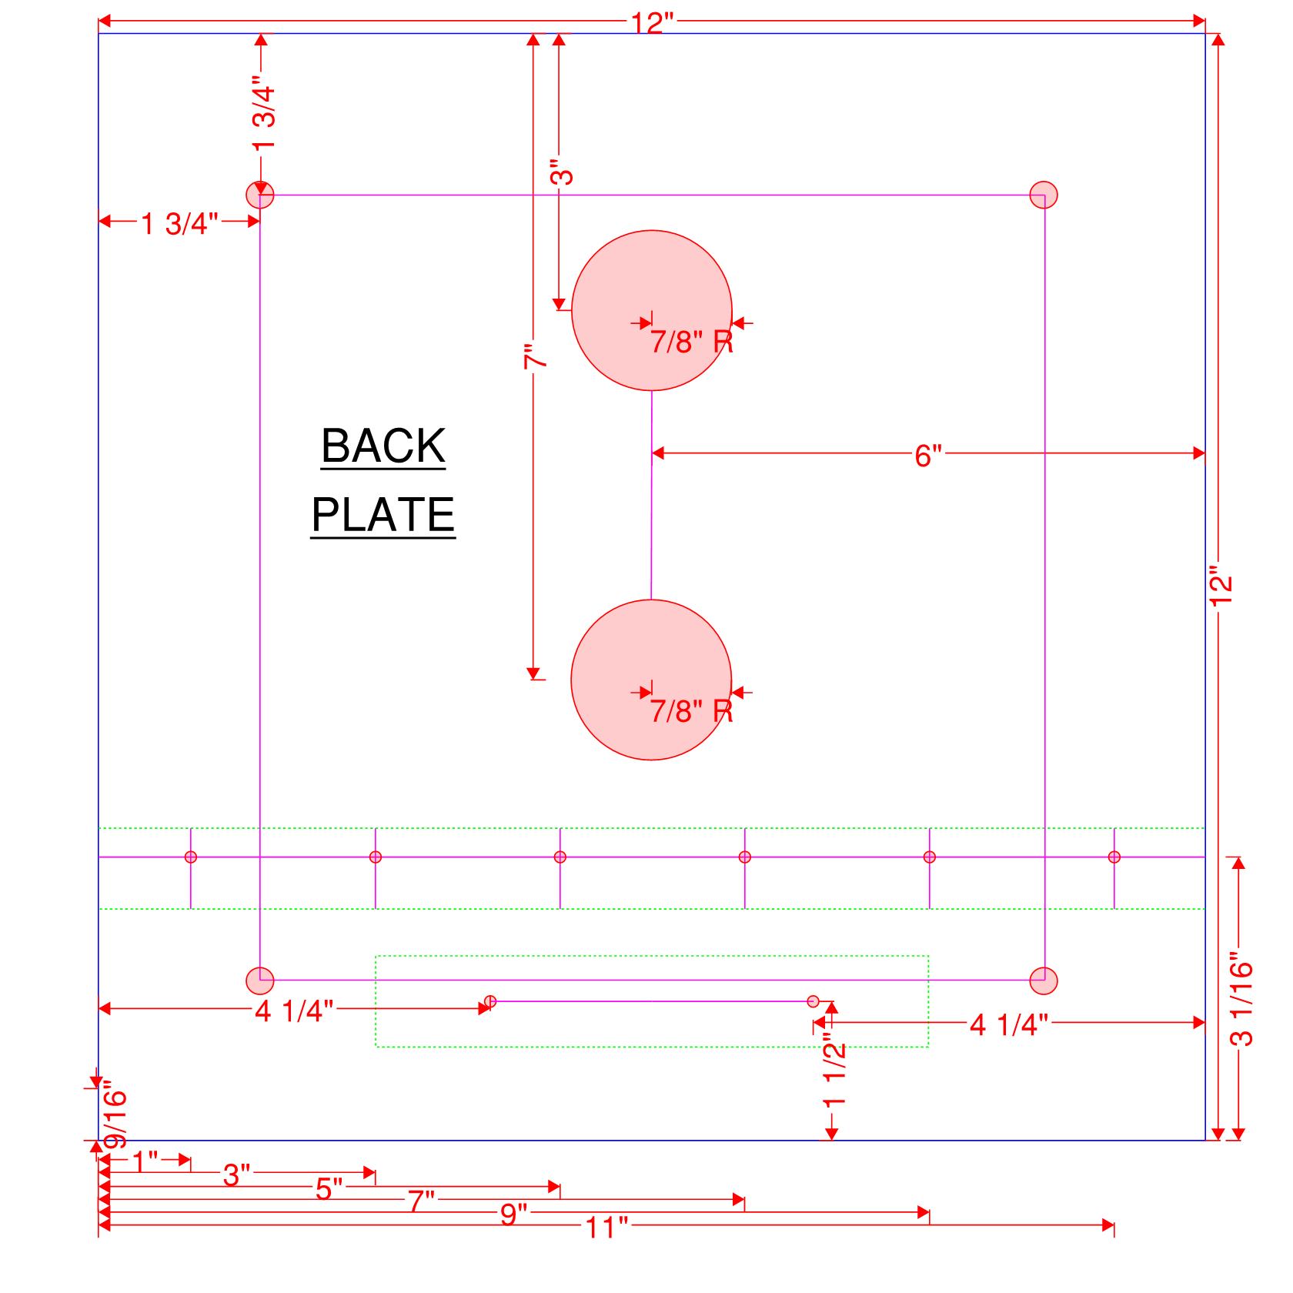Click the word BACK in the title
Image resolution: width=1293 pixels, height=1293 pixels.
click(383, 446)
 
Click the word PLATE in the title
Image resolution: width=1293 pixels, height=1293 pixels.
click(383, 514)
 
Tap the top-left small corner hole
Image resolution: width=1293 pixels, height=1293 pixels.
click(260, 195)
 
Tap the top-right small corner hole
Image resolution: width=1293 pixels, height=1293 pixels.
click(1044, 195)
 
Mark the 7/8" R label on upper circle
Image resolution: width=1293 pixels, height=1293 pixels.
click(691, 342)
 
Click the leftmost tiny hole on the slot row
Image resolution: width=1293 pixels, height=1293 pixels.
click(191, 857)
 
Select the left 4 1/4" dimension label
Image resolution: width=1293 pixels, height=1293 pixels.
click(294, 1011)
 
